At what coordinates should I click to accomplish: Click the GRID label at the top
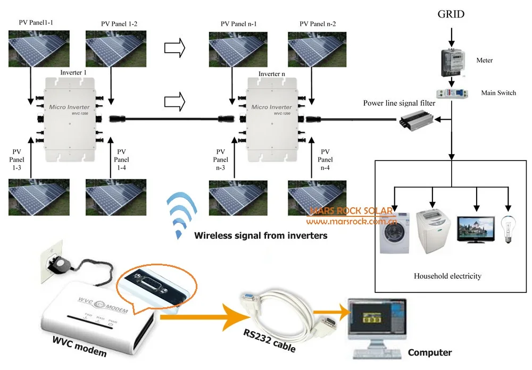pos(450,14)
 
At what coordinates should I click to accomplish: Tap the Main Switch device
pos(452,93)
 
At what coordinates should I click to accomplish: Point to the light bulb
pos(508,229)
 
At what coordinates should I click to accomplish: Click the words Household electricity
pos(447,276)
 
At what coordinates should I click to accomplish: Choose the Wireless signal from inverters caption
pos(261,235)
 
